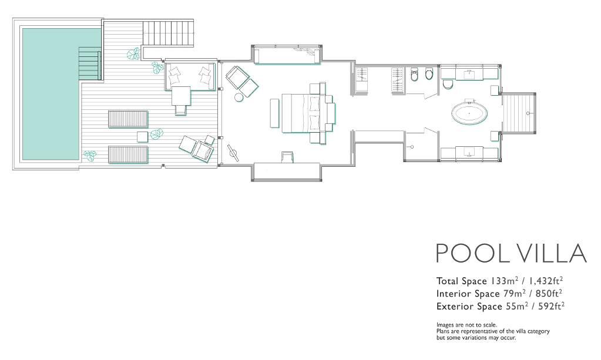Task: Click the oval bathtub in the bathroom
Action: point(470,113)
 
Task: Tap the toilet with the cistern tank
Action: point(414,75)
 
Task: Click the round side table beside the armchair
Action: point(239,97)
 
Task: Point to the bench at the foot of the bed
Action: point(274,113)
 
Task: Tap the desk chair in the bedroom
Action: point(287,157)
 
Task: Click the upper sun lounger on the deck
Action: point(128,119)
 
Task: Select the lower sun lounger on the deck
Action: point(128,154)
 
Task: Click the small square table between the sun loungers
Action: point(143,137)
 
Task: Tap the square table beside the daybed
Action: point(181,95)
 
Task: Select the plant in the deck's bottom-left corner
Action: point(90,155)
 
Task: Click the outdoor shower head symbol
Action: point(528,113)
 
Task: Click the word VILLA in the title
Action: point(552,253)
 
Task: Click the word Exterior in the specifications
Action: point(454,307)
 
